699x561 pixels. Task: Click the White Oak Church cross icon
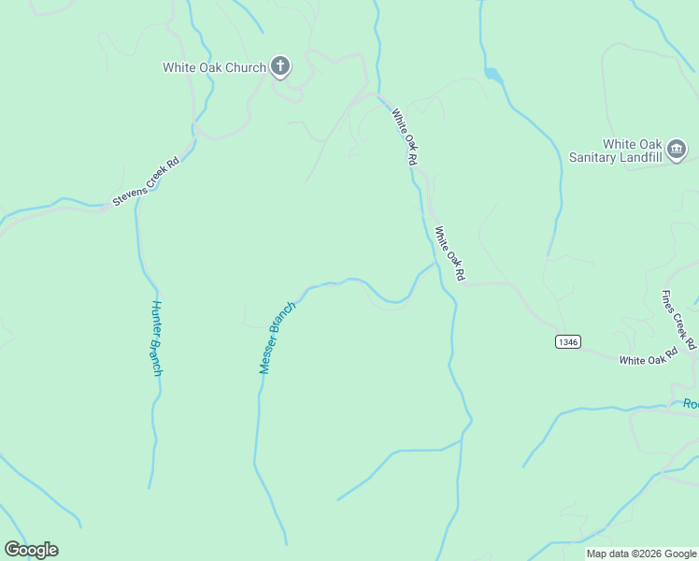pos(279,66)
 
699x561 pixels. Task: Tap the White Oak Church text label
pos(213,67)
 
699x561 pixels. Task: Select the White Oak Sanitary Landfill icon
pos(678,149)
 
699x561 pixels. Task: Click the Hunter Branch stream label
pos(157,338)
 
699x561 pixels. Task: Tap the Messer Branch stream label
pos(278,338)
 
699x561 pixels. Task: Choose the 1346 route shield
pos(567,341)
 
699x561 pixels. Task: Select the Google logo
pos(31,550)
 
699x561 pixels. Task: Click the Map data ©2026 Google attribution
pos(641,554)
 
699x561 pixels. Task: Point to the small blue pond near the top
pos(492,74)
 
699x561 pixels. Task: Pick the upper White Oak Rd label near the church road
pos(404,137)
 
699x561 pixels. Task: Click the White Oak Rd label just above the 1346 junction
pos(449,253)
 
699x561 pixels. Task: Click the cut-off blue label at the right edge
pos(691,404)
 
